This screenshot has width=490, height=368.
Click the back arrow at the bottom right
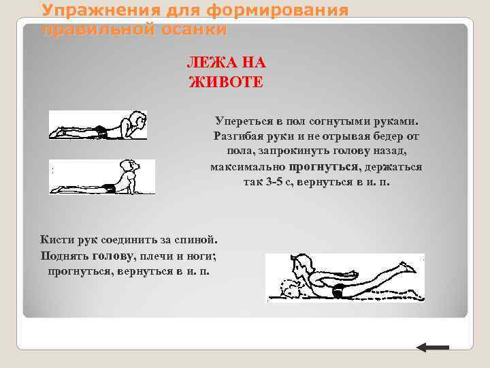point(432,348)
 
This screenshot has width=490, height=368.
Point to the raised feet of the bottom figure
point(410,268)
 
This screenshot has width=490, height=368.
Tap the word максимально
point(248,167)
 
